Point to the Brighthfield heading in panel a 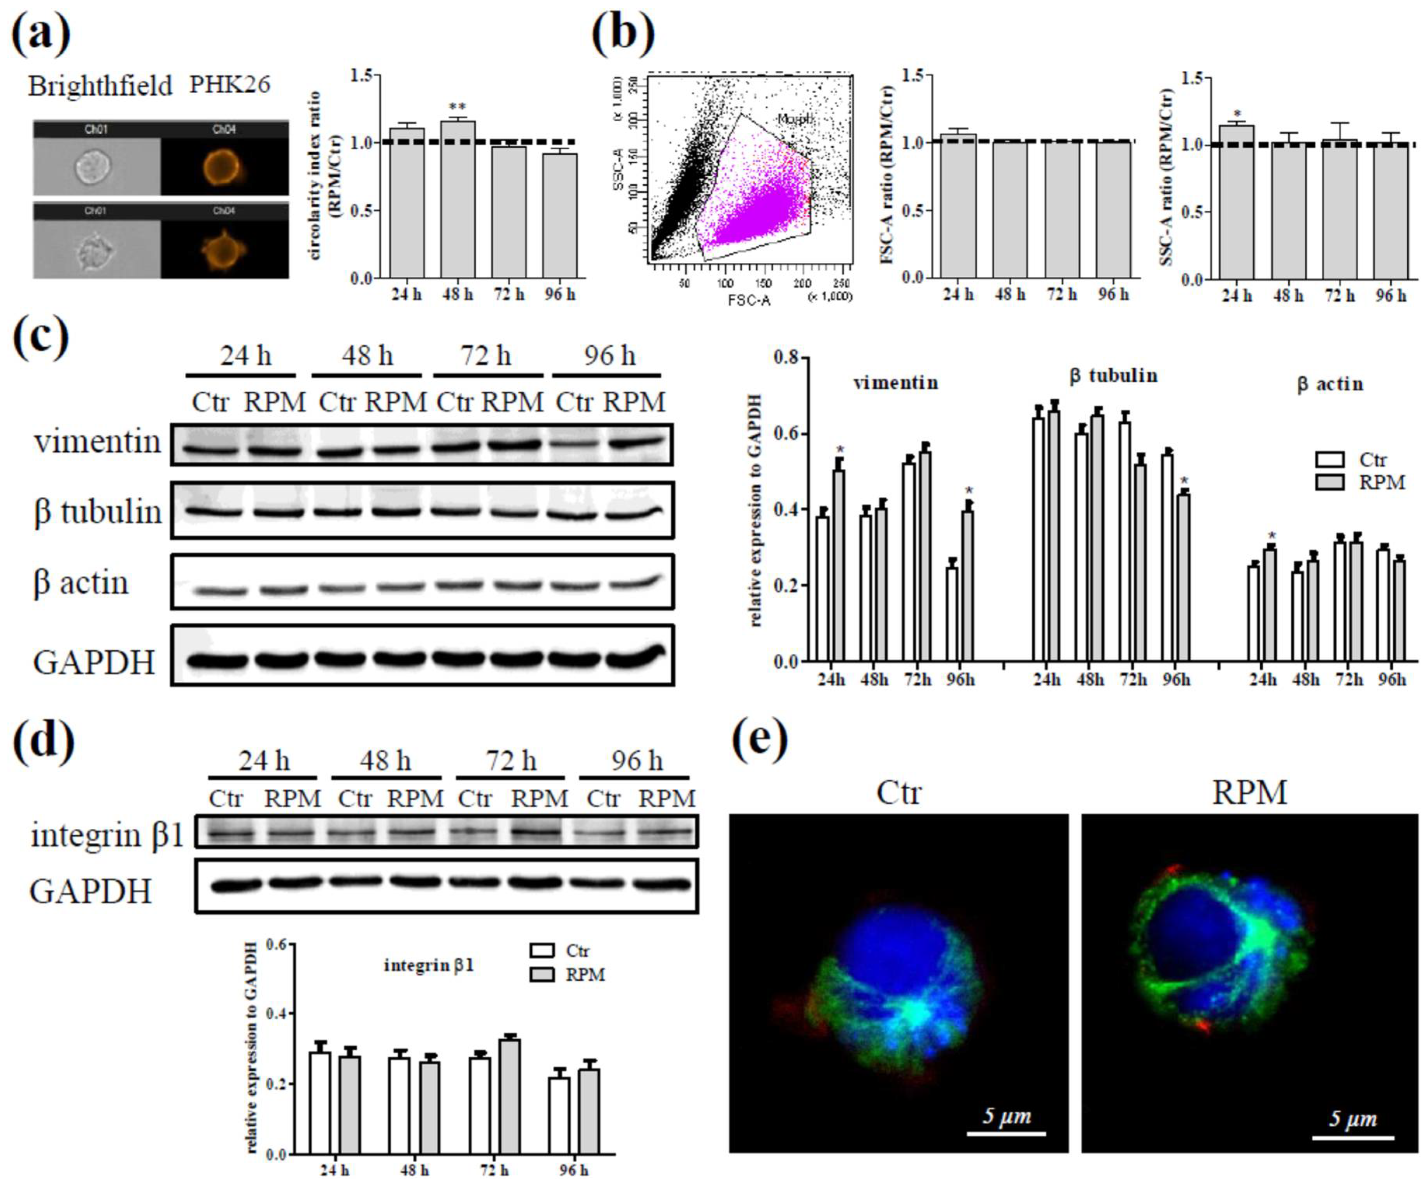[x=100, y=86]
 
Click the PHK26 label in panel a [x=229, y=84]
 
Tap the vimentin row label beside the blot [x=97, y=442]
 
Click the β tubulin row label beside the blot [x=97, y=512]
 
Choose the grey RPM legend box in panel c [x=1330, y=482]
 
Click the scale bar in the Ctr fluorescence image [x=1006, y=1133]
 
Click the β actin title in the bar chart [x=1330, y=384]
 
